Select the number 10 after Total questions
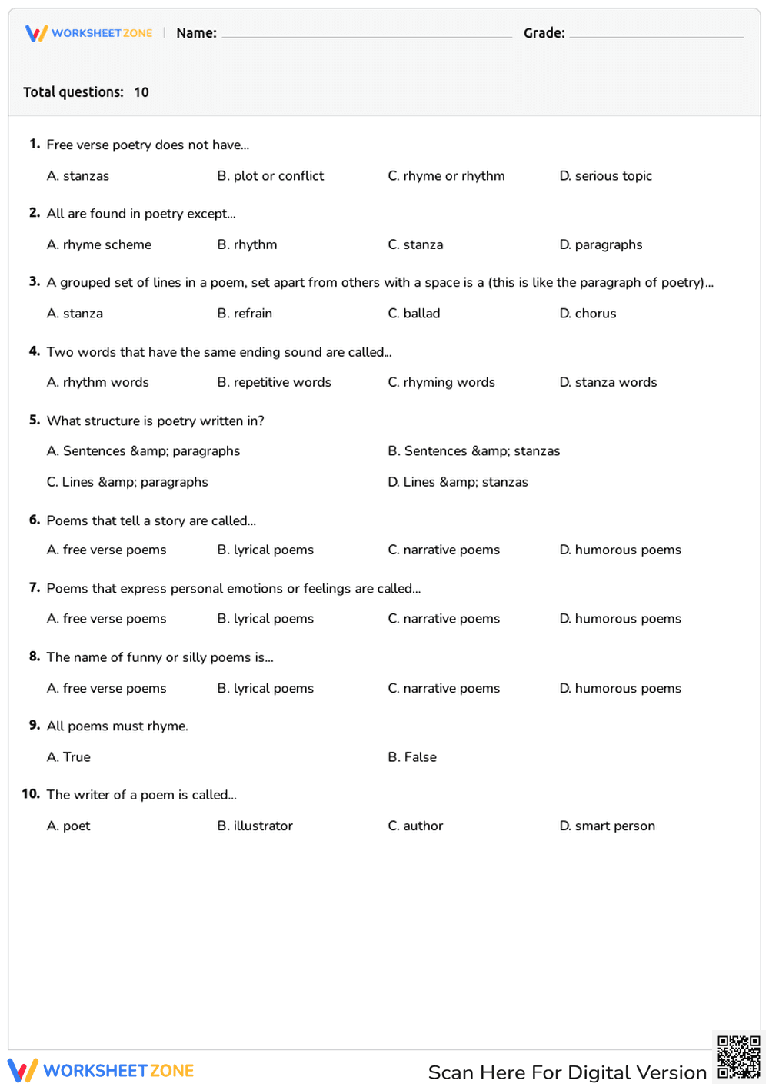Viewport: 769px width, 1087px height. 141,92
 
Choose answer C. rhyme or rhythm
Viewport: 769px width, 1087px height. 446,176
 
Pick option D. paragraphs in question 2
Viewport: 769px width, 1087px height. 601,244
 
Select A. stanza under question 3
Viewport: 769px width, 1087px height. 75,314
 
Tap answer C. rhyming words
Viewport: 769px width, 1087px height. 441,382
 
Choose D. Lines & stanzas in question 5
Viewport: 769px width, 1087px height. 458,482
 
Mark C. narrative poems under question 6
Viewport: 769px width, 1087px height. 444,550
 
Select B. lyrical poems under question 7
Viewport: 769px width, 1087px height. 265,619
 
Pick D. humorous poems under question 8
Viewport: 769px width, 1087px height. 620,688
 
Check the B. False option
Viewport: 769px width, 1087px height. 412,757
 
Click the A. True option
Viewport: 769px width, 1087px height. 68,757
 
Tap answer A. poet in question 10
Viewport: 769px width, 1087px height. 68,826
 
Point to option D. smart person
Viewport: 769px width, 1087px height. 607,826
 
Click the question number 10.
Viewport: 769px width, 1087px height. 31,794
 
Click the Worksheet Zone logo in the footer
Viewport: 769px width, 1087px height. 101,1070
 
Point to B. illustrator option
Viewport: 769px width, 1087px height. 255,826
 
